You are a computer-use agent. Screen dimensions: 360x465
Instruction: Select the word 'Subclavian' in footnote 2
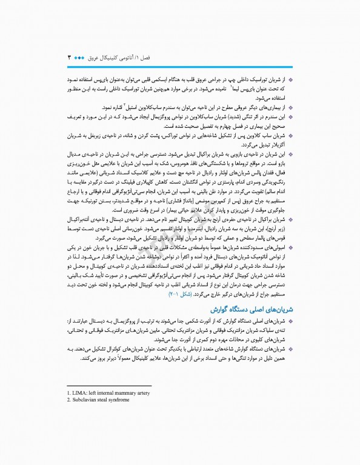coord(85,400)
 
